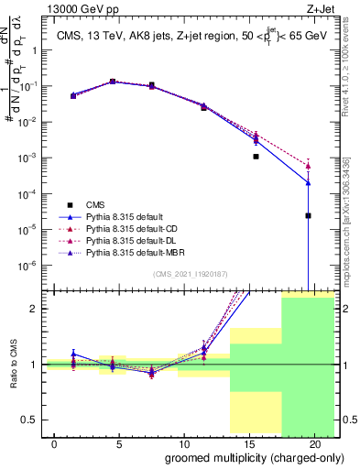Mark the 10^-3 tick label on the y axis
[32, 158]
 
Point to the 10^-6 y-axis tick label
[32, 266]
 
